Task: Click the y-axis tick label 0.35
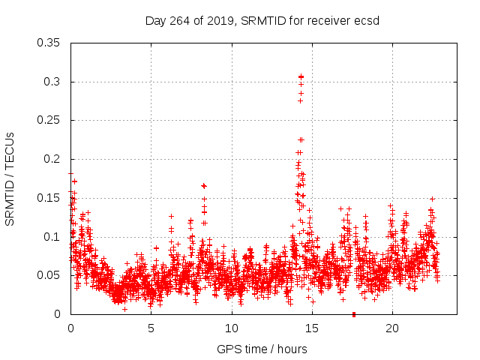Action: click(x=50, y=43)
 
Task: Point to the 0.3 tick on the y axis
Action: click(x=54, y=82)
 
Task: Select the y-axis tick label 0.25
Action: click(x=50, y=120)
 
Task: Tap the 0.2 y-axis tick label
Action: click(x=54, y=159)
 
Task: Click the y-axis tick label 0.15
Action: click(x=50, y=198)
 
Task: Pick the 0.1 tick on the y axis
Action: click(x=54, y=237)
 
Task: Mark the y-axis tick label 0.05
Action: click(x=50, y=275)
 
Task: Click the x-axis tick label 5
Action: click(x=151, y=328)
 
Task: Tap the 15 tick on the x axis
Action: click(x=311, y=328)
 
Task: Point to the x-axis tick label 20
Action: click(x=392, y=328)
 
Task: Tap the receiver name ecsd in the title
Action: click(x=367, y=21)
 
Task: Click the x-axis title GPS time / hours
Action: click(x=262, y=349)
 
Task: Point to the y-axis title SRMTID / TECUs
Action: click(x=10, y=178)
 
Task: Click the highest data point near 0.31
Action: click(x=301, y=76)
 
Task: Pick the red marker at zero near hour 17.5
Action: click(x=353, y=314)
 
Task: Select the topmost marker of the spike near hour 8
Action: click(x=203, y=185)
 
